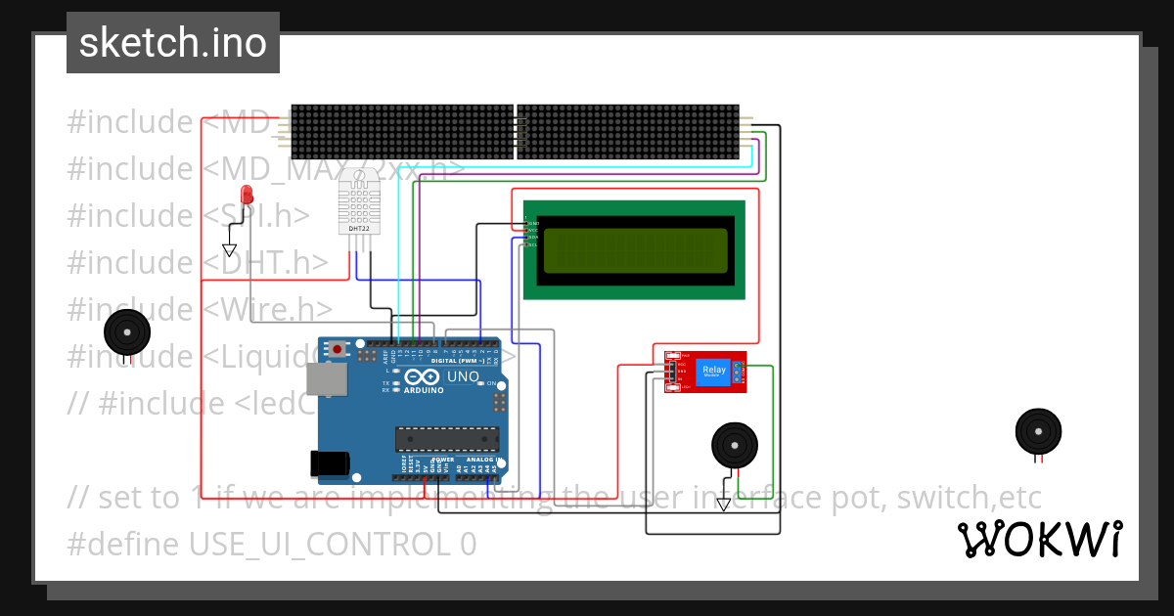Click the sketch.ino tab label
(173, 43)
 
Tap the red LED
(247, 194)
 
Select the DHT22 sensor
(358, 200)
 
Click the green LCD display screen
(635, 250)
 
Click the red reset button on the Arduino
(339, 348)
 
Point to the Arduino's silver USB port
(326, 379)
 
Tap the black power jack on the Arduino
(330, 463)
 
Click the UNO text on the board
(463, 376)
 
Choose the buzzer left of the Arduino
(127, 331)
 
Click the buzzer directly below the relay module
(733, 445)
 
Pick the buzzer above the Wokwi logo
(1038, 431)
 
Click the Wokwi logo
(1039, 539)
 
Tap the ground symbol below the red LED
(230, 250)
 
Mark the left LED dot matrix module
(402, 132)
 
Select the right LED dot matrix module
(627, 132)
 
